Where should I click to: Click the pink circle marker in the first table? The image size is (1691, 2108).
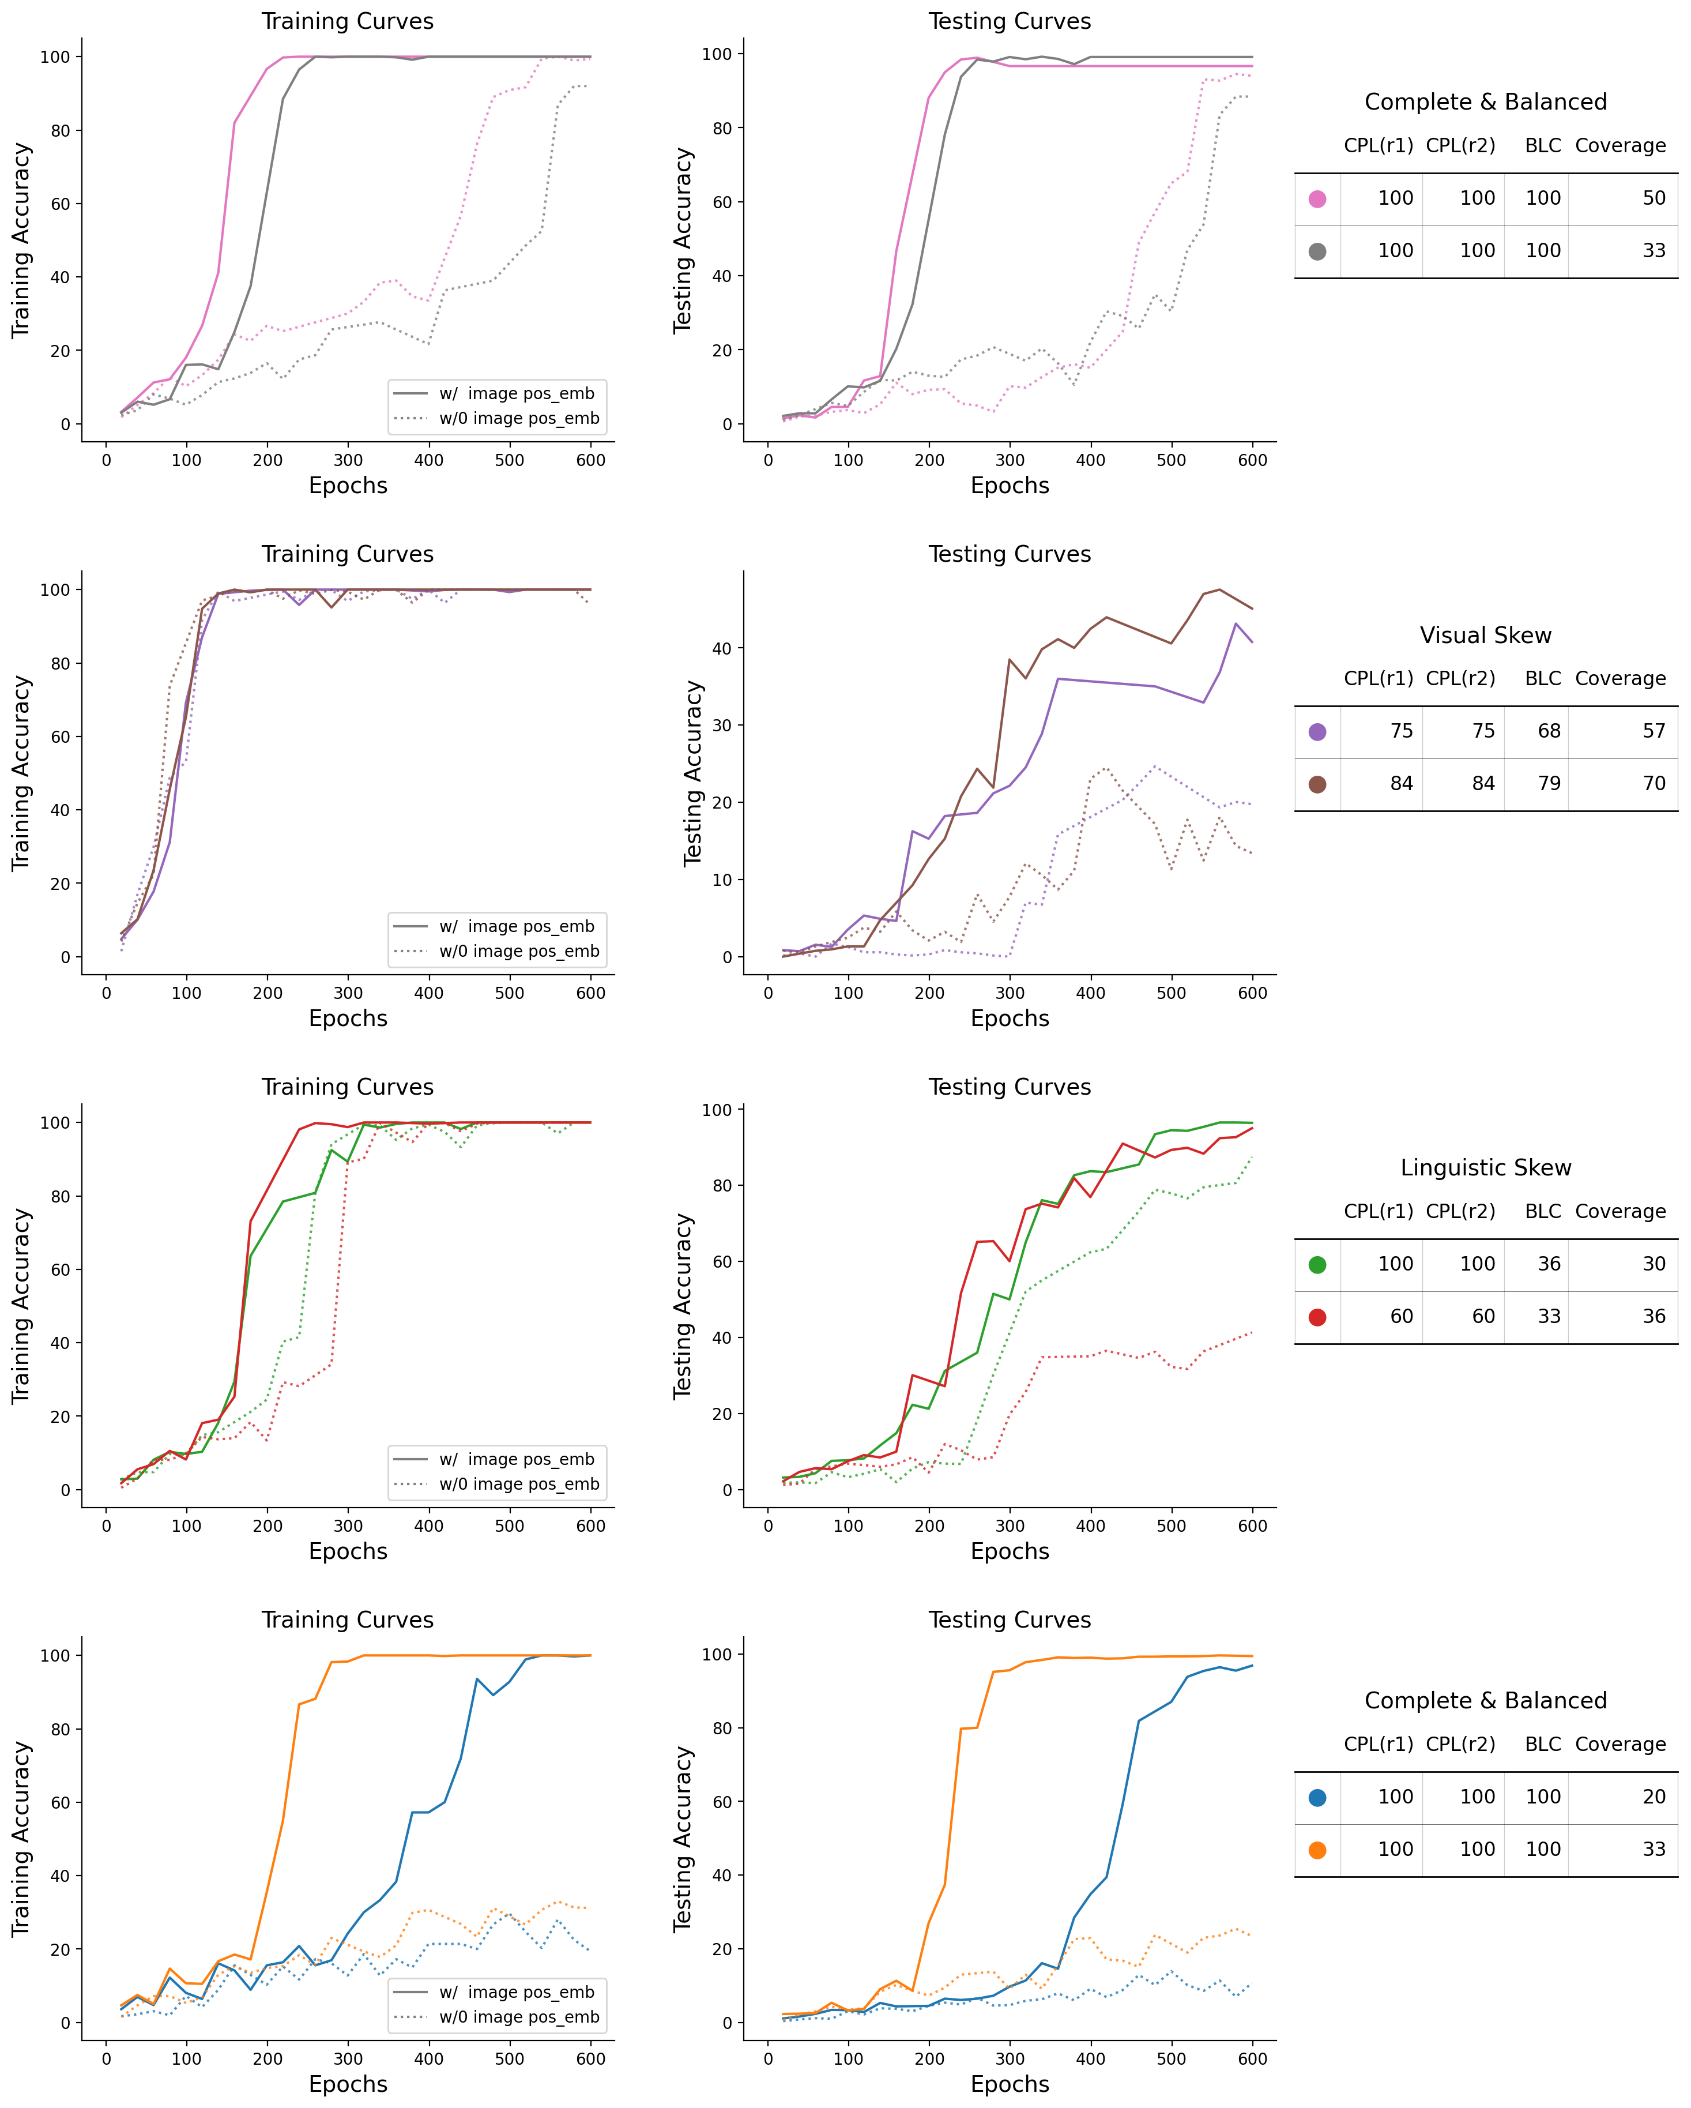click(x=1317, y=198)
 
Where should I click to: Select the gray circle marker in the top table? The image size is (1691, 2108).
click(x=1317, y=251)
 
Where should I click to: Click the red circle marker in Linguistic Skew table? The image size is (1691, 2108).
click(x=1317, y=1317)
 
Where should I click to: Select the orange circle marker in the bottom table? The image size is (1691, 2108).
click(x=1317, y=1850)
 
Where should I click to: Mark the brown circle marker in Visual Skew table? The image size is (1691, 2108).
click(x=1317, y=784)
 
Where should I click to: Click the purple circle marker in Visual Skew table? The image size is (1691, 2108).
click(x=1317, y=731)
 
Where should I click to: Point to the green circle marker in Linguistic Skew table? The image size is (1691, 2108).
click(x=1317, y=1264)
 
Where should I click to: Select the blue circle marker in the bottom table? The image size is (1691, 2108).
click(x=1317, y=1797)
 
